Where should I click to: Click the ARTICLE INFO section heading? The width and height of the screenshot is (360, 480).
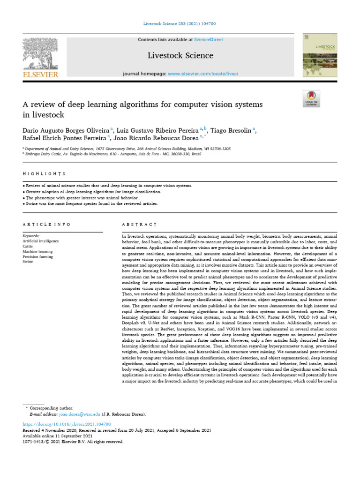click(46, 225)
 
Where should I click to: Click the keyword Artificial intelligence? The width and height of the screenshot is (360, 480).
click(41, 241)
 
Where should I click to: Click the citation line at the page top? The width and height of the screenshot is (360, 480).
click(180, 23)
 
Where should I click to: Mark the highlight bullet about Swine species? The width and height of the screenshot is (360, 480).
click(91, 204)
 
